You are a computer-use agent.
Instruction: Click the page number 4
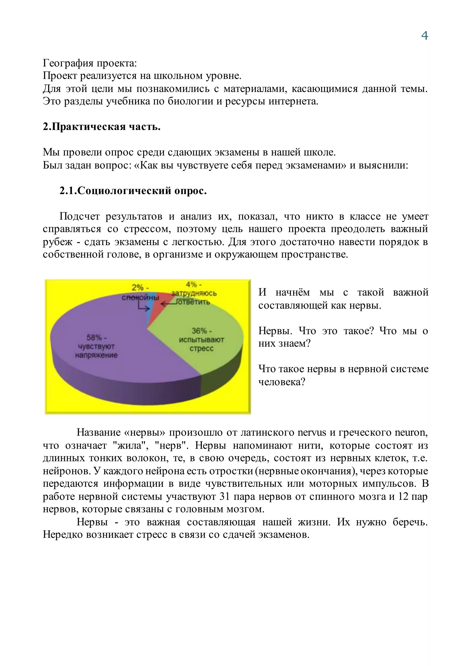coord(424,36)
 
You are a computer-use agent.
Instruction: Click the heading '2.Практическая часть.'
coord(101,127)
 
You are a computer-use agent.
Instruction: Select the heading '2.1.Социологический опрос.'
coord(133,191)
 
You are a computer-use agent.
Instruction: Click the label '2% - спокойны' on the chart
coord(140,292)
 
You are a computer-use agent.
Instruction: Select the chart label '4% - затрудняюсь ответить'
coord(194,293)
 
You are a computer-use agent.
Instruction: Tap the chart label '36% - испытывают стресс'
coord(201,340)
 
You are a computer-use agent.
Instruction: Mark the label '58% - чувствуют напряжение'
coord(97,346)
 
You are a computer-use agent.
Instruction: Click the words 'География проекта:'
coord(90,63)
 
